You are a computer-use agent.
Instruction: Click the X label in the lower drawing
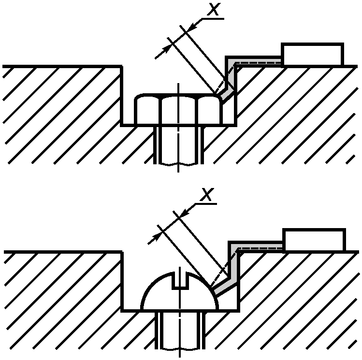point(206,195)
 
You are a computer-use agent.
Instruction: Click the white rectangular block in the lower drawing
point(314,240)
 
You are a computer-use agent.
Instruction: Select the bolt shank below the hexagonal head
point(178,145)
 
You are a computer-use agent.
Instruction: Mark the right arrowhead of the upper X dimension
point(189,27)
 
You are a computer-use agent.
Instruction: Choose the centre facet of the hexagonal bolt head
point(179,110)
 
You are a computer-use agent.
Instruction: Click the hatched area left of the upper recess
point(58,111)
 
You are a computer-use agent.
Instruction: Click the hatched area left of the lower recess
point(58,300)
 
